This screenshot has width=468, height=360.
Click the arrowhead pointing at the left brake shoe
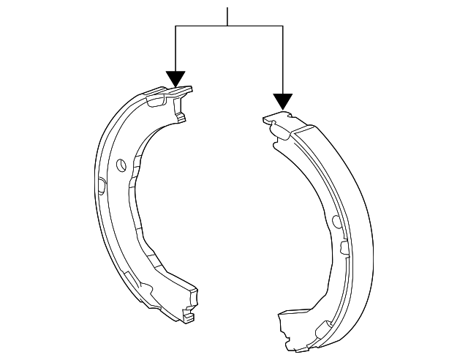(175, 78)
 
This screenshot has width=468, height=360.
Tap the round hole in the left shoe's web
(122, 163)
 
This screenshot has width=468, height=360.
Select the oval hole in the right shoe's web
(336, 221)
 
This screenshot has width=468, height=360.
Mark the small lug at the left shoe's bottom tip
(189, 318)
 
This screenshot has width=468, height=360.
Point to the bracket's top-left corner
(175, 26)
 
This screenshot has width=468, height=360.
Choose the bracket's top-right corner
(282, 26)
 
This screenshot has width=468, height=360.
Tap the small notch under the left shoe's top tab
(180, 115)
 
